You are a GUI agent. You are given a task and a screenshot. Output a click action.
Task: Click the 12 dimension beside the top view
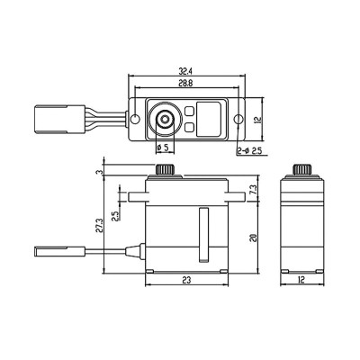point(258,119)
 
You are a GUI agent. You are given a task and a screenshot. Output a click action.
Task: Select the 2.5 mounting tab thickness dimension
point(115,216)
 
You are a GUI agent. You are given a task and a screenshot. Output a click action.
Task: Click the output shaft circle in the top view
point(166,119)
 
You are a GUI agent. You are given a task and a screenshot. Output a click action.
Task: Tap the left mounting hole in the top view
point(136,119)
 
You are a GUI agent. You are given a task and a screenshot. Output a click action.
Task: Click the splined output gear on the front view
point(165,170)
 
